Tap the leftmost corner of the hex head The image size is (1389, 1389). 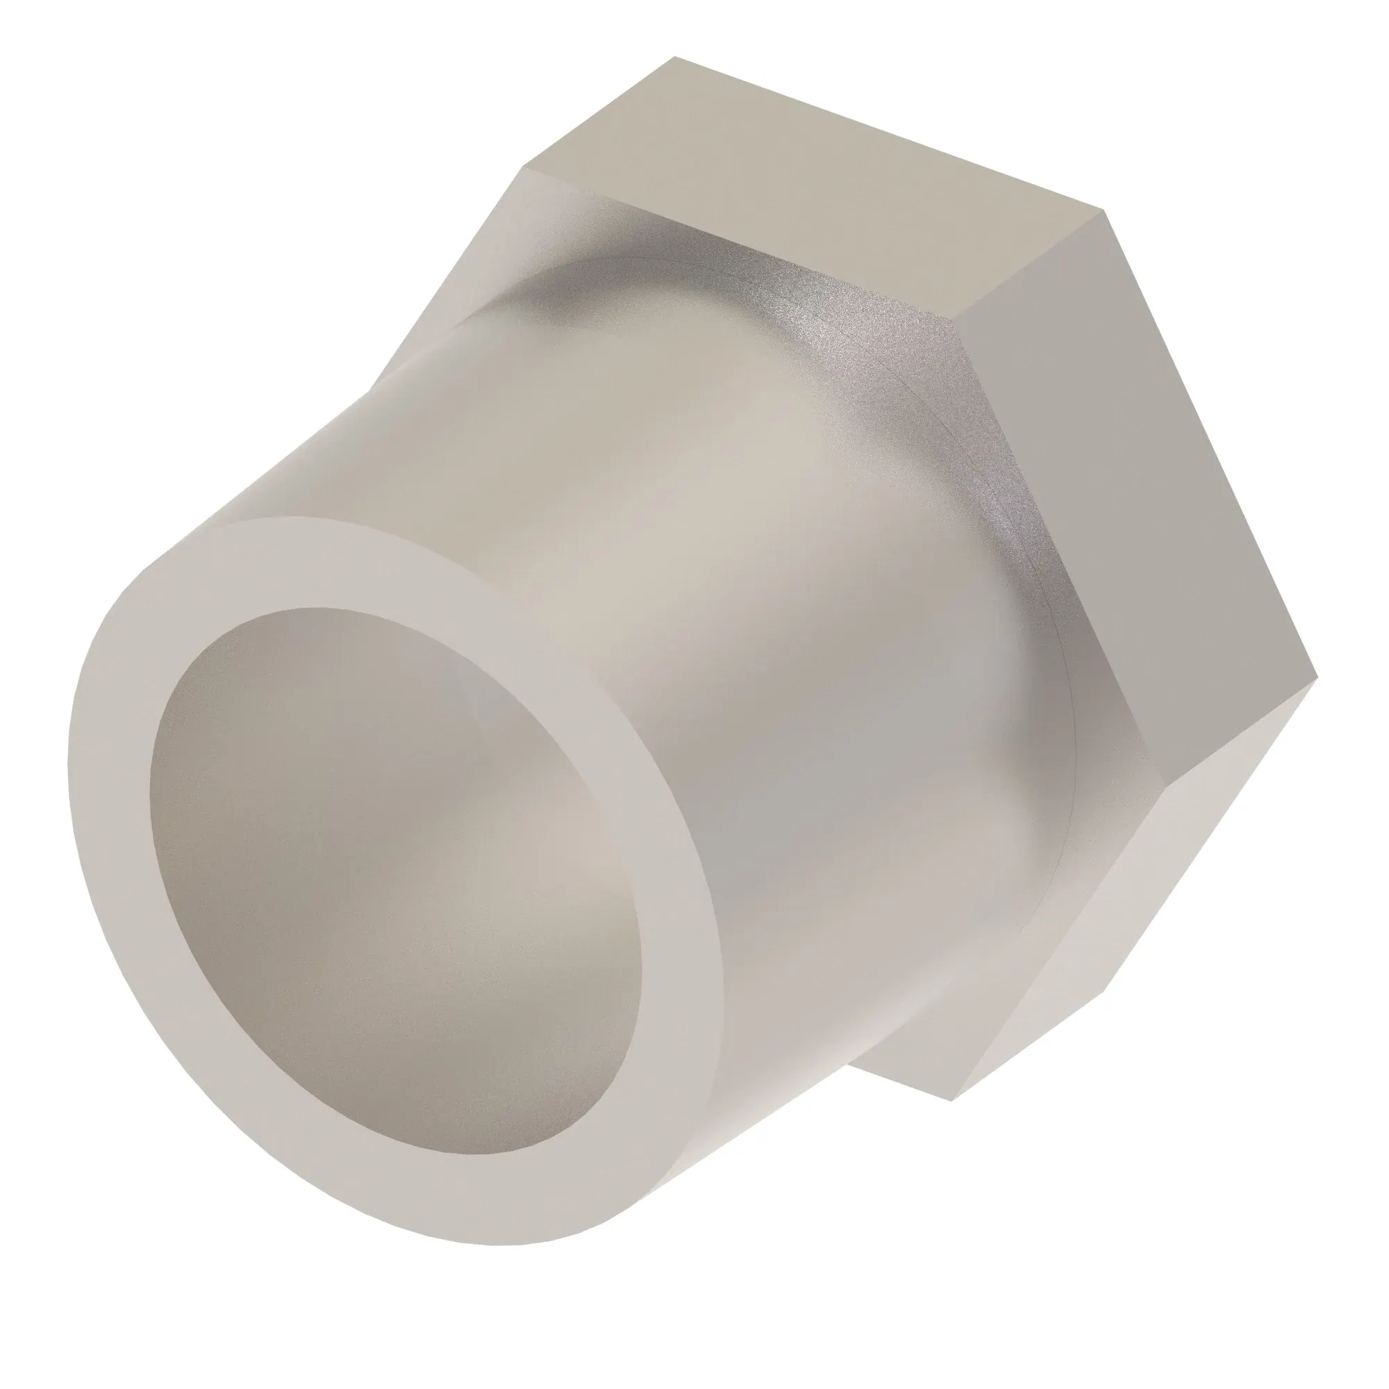point(524,168)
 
